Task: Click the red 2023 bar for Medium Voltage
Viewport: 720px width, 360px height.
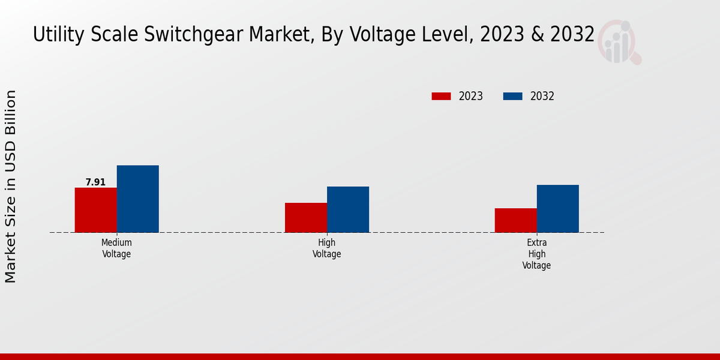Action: coord(96,210)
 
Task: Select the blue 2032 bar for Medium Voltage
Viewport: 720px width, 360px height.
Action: coord(138,199)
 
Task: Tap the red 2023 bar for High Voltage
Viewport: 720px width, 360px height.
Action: coord(306,218)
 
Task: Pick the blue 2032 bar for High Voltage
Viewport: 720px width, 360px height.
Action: coord(348,209)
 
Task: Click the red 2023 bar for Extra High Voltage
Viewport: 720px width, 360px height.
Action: coord(516,220)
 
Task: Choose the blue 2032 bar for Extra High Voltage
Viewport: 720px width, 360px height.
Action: coord(558,209)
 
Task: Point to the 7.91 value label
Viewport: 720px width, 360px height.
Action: coord(95,182)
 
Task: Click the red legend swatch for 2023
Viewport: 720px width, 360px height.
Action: coord(441,96)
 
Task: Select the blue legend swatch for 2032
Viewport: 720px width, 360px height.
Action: coord(512,96)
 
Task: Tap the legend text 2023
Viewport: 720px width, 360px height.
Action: coord(471,96)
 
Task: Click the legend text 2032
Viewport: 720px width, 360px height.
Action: coord(542,96)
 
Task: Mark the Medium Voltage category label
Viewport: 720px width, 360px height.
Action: coord(116,248)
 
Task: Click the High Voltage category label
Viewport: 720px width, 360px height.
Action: coord(327,248)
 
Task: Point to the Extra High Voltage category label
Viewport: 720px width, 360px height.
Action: coord(536,254)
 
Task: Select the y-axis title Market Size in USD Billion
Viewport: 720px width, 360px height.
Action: coord(11,186)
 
